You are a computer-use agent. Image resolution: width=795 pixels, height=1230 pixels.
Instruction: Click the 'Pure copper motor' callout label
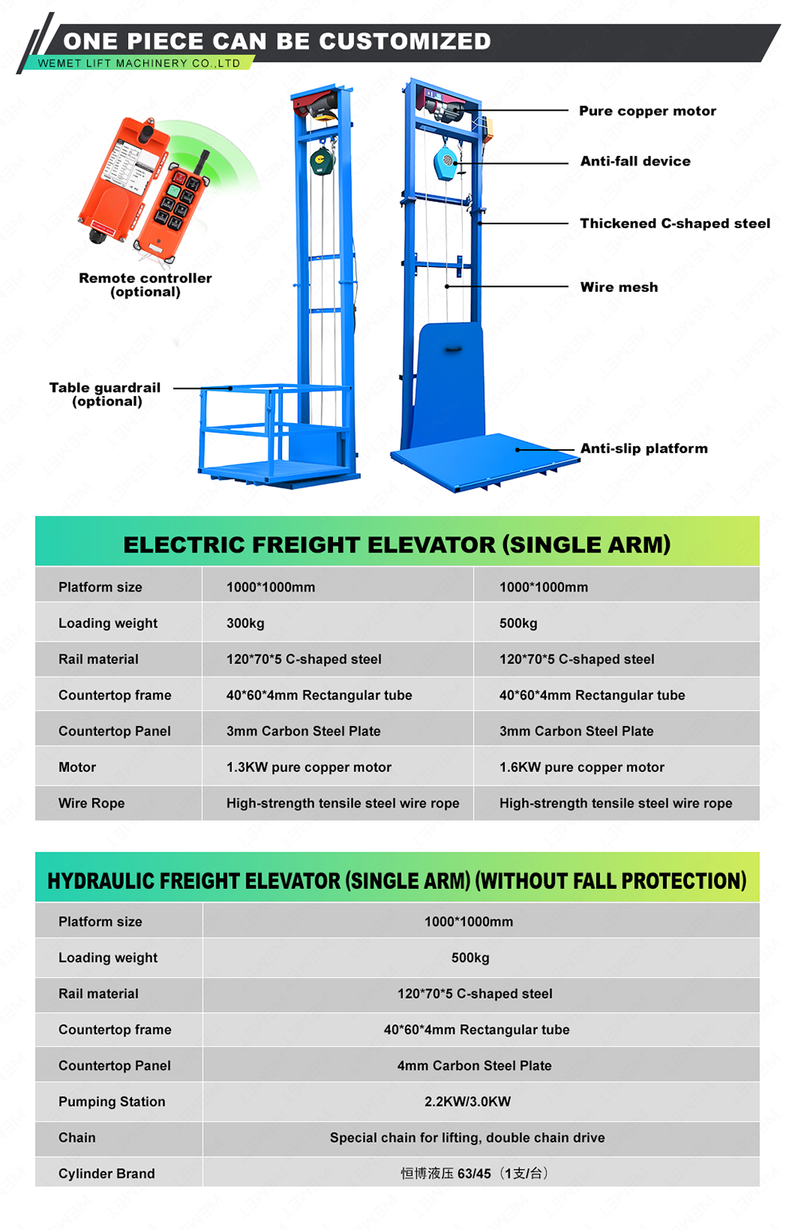click(x=647, y=111)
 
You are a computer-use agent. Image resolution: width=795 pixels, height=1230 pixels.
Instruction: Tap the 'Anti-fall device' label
click(x=635, y=161)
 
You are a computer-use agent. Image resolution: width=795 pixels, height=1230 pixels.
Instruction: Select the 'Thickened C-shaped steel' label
click(x=675, y=223)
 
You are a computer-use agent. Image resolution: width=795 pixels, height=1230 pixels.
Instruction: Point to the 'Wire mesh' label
click(x=619, y=287)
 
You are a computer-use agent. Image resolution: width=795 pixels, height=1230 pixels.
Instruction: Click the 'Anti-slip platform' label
click(x=644, y=448)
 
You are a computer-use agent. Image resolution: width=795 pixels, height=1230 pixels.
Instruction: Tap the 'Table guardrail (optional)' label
click(x=106, y=394)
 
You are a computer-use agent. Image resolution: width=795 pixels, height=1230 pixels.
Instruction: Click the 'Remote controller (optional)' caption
click(x=145, y=285)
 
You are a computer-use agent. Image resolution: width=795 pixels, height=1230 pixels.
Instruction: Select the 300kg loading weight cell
click(x=246, y=623)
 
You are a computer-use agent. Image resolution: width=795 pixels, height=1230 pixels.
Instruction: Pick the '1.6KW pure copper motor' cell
click(x=581, y=767)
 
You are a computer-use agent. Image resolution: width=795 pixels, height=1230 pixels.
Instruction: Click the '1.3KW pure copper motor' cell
click(x=308, y=767)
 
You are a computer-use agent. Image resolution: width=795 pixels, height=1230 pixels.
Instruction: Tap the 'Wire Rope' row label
click(x=91, y=803)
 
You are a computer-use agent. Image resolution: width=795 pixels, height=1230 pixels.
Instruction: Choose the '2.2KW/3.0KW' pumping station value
click(x=467, y=1101)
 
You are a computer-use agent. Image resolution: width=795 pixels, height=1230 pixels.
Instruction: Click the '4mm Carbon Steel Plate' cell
click(x=475, y=1065)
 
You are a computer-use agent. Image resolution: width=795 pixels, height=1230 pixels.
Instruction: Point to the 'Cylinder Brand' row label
click(x=107, y=1173)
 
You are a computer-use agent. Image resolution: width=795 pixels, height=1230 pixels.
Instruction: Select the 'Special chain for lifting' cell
click(x=467, y=1137)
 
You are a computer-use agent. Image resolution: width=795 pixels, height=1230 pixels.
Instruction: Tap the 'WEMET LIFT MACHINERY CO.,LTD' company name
click(x=139, y=63)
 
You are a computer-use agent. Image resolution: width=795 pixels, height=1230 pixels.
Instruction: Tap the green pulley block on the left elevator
click(x=322, y=162)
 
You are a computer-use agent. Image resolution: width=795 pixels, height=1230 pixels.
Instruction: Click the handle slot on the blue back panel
click(x=453, y=349)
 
